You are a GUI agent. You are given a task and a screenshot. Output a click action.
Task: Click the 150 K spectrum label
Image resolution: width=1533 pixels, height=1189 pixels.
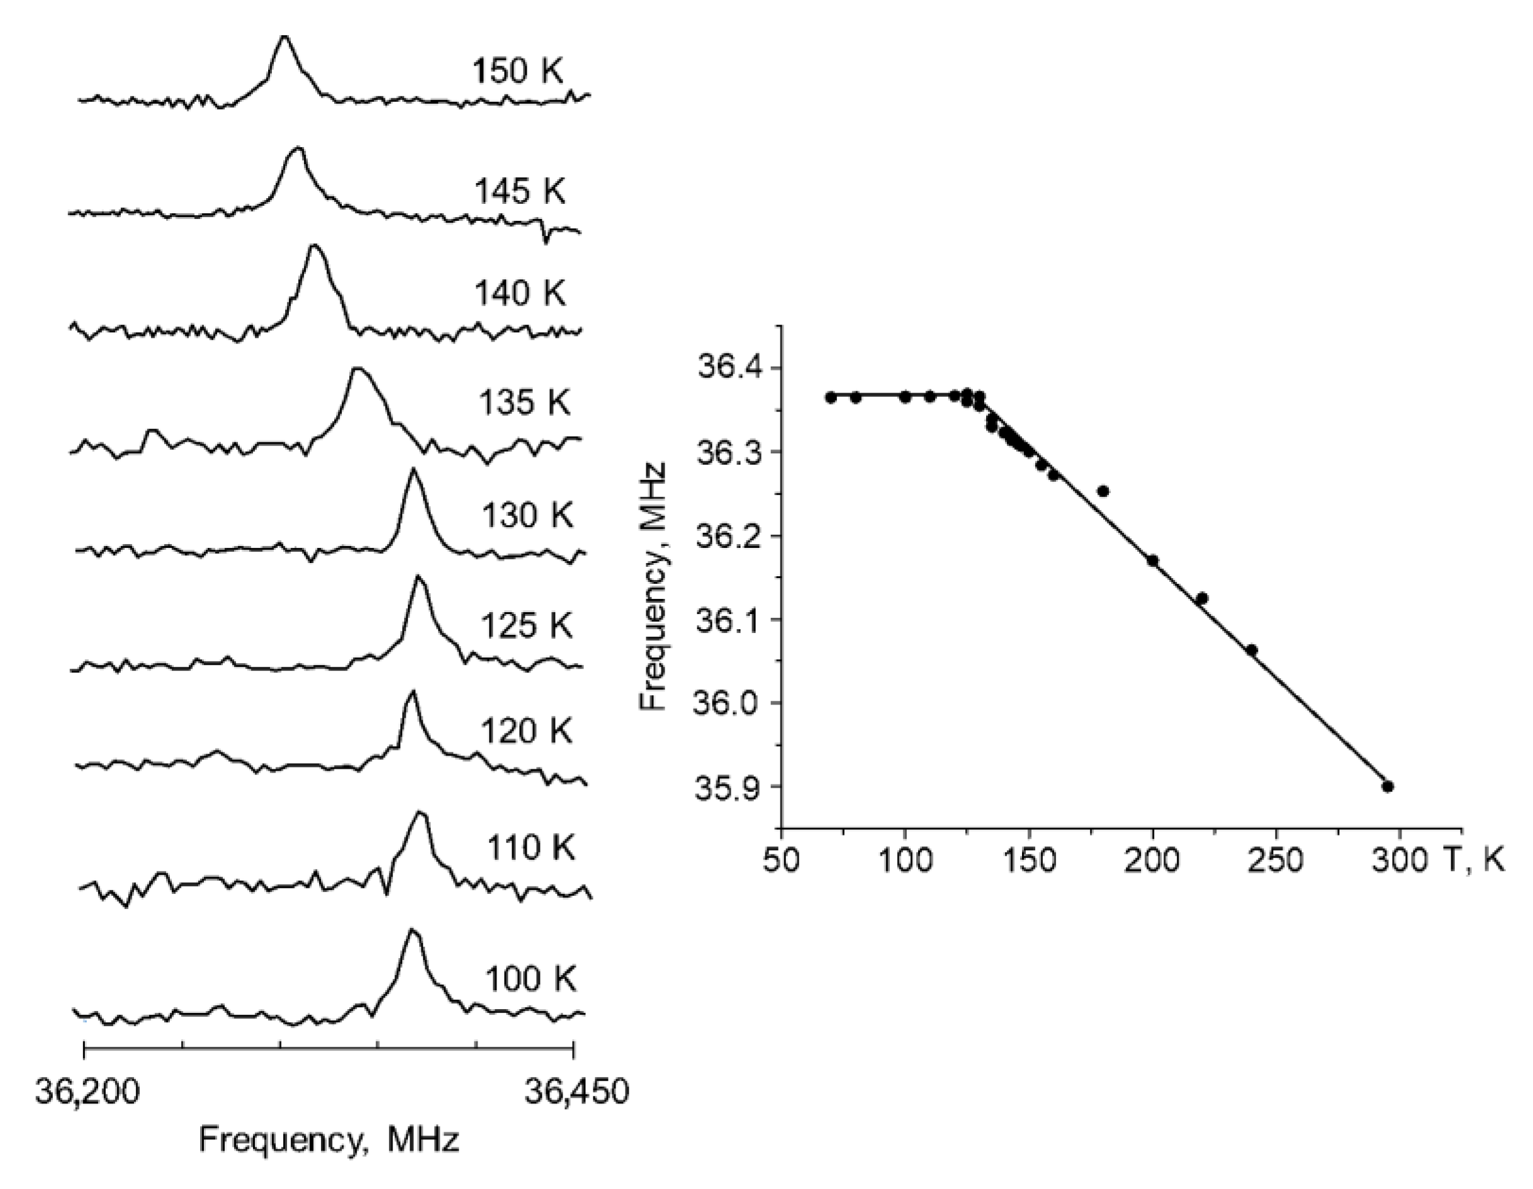(518, 71)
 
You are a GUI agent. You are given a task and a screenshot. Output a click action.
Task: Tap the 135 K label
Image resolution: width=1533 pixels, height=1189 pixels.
(525, 403)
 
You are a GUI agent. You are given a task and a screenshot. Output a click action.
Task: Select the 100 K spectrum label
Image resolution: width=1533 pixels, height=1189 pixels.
(530, 978)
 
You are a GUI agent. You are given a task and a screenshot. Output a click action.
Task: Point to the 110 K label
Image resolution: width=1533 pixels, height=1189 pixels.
(531, 848)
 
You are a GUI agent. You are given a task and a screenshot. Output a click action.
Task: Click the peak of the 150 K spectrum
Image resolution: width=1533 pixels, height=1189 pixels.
(284, 36)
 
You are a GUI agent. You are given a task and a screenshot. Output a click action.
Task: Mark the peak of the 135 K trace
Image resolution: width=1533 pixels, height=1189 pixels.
(357, 369)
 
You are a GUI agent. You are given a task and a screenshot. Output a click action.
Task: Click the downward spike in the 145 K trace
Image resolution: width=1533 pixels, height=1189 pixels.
(546, 241)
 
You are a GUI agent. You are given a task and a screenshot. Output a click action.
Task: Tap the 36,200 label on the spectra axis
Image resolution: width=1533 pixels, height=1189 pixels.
(87, 1093)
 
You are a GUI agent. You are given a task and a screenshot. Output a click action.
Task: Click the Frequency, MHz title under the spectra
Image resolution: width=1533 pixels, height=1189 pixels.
(328, 1140)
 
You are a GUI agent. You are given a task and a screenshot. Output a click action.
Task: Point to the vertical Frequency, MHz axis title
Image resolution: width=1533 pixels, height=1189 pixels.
(653, 586)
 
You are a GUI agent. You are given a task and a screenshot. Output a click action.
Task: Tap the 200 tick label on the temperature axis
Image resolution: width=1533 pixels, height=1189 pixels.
(1151, 860)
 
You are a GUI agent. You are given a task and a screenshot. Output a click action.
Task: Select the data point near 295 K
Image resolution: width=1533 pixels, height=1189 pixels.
(1387, 786)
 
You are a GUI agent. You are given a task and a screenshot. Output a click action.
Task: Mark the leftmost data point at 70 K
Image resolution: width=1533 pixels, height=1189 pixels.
(831, 397)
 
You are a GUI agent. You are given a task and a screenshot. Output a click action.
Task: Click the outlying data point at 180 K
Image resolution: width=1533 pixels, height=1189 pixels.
(1103, 491)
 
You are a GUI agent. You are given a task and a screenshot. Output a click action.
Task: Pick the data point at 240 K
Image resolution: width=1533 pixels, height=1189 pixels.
(1251, 650)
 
